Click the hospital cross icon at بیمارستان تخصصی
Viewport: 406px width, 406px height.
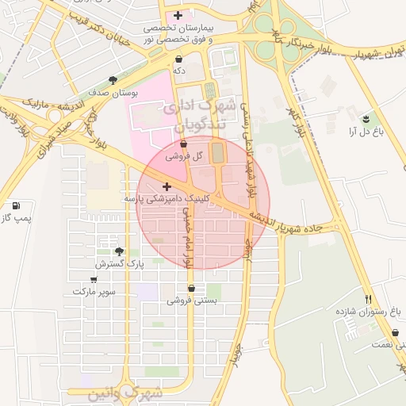178,15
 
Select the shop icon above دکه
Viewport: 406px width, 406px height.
178,59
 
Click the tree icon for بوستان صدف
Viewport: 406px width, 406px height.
113,80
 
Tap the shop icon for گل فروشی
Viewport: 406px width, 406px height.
184,145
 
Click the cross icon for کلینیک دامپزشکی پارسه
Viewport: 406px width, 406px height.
166,186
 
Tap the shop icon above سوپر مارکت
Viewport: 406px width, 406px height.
94,279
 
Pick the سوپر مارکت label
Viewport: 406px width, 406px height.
94,292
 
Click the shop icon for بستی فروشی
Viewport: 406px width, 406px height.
190,288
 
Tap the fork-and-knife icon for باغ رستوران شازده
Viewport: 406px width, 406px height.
367,299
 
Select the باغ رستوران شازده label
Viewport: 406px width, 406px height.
371,312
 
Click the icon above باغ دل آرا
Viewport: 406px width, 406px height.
366,119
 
